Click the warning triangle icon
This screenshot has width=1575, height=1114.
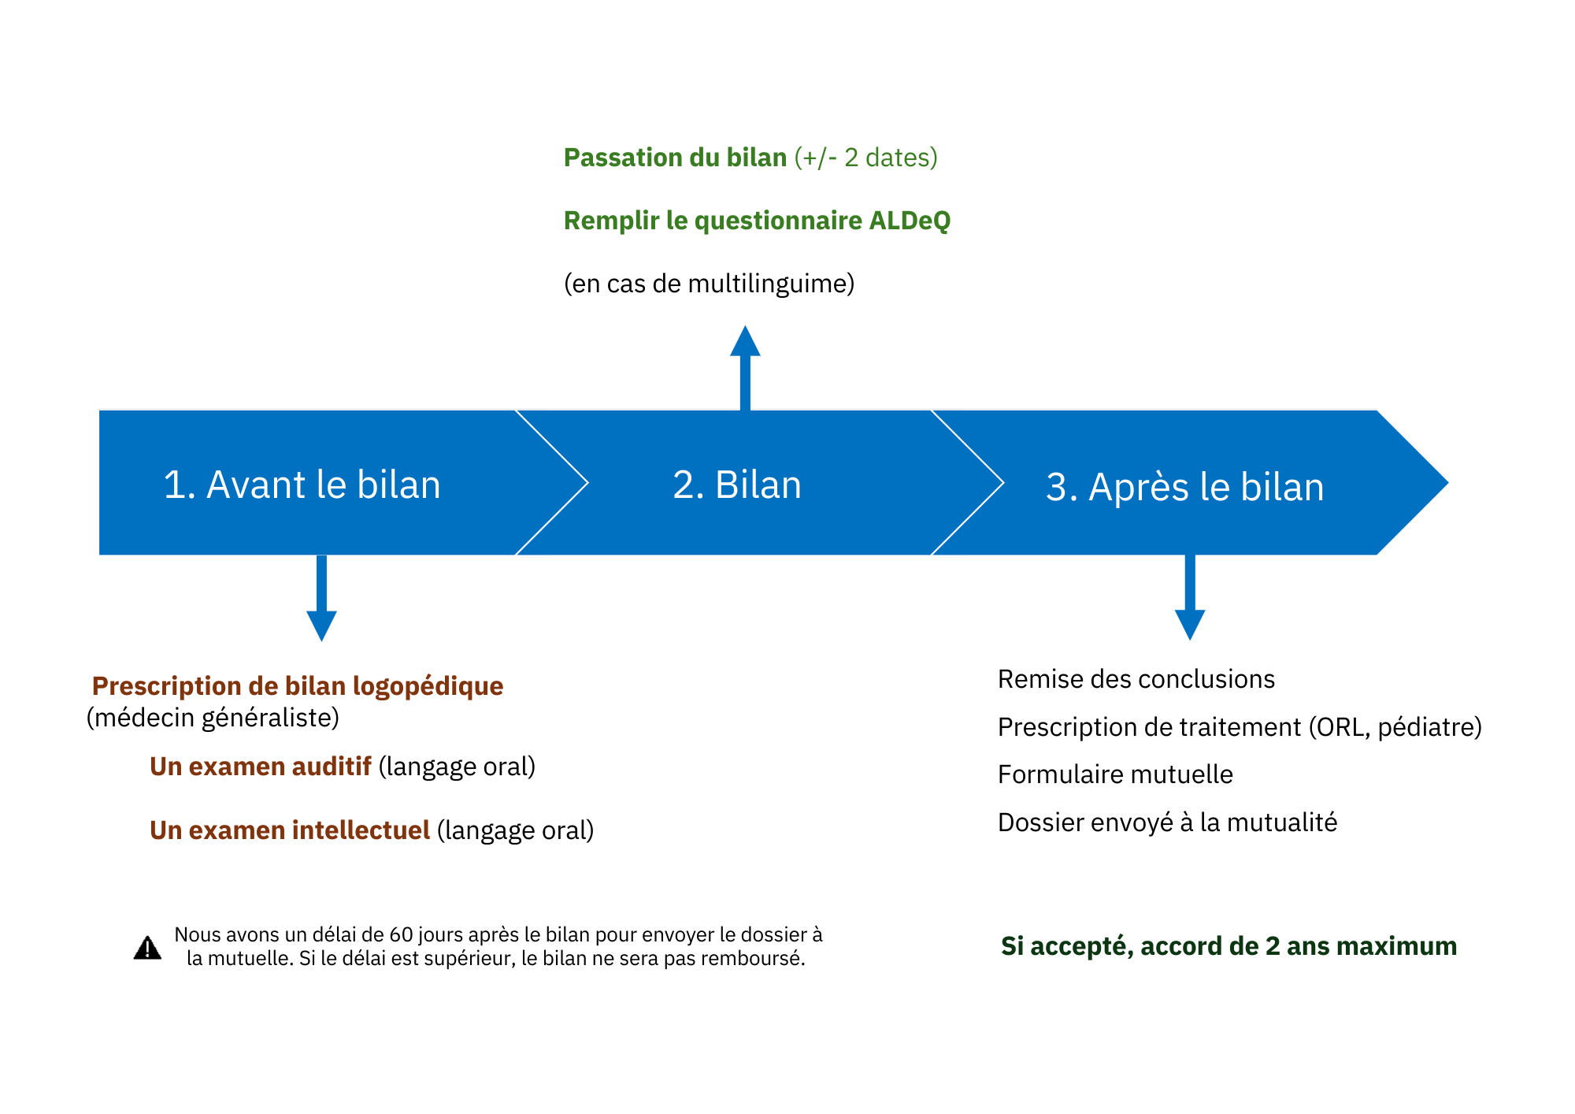coord(147,948)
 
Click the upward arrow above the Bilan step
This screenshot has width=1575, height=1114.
coord(745,368)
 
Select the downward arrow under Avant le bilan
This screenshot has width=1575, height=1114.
coord(321,598)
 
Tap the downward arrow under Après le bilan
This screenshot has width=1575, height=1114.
coord(1190,597)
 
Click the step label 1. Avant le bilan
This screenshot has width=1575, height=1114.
coord(302,485)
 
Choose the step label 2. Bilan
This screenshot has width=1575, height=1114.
coord(737,485)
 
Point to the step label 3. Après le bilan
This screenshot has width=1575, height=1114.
coord(1185,487)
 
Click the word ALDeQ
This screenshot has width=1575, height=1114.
coord(910,221)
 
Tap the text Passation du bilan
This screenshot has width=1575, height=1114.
coord(676,158)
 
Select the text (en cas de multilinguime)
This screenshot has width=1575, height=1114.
coord(710,284)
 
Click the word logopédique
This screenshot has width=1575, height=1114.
coord(428,686)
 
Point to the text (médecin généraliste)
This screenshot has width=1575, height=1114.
coord(213,718)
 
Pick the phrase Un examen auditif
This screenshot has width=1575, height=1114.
coord(261,767)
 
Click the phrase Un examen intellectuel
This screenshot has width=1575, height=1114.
coord(290,830)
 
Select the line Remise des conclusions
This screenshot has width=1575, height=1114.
coord(1136,679)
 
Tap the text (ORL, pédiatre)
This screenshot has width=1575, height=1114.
coord(1395,727)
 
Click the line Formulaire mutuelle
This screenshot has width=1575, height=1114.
coord(1115,774)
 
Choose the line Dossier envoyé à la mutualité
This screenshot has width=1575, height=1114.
coord(1168,823)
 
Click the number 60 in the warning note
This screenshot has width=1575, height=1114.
coord(401,935)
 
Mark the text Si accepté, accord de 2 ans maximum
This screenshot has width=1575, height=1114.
coord(1229,946)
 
